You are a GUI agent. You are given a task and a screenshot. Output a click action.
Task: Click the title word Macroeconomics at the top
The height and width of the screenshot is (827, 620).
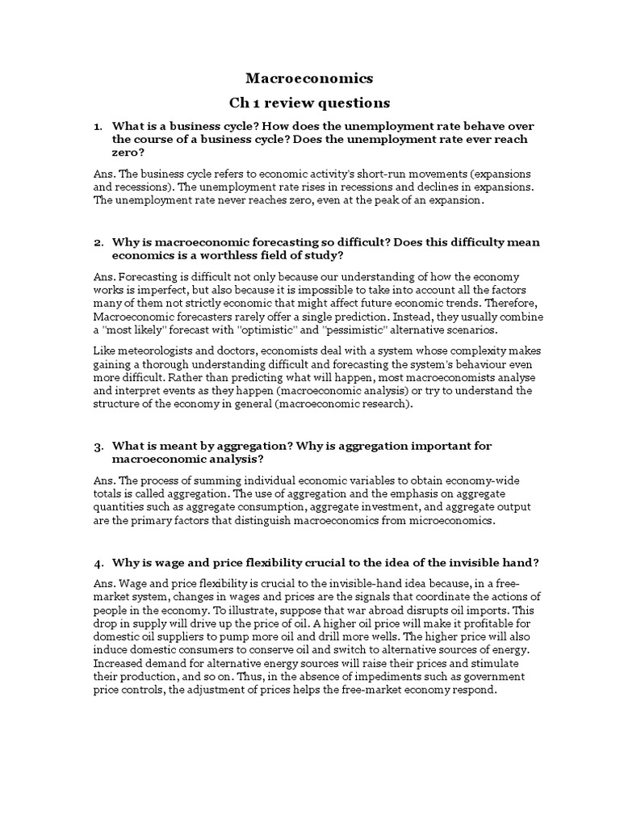coord(309,78)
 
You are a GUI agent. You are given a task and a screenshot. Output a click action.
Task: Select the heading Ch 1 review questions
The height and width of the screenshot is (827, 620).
coord(309,103)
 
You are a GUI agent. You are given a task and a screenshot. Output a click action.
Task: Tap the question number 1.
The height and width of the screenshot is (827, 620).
coord(97,127)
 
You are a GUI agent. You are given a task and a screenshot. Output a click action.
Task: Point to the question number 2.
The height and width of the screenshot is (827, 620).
coord(98,242)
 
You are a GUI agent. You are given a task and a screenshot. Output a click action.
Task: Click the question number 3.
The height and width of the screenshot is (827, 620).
coord(98,446)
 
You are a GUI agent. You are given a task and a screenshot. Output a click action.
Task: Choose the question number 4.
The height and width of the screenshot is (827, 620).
coord(98,562)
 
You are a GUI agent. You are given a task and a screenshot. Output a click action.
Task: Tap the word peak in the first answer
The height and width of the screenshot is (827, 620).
coord(351,200)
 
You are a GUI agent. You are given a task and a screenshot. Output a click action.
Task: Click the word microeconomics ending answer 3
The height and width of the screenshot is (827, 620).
coord(446,520)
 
